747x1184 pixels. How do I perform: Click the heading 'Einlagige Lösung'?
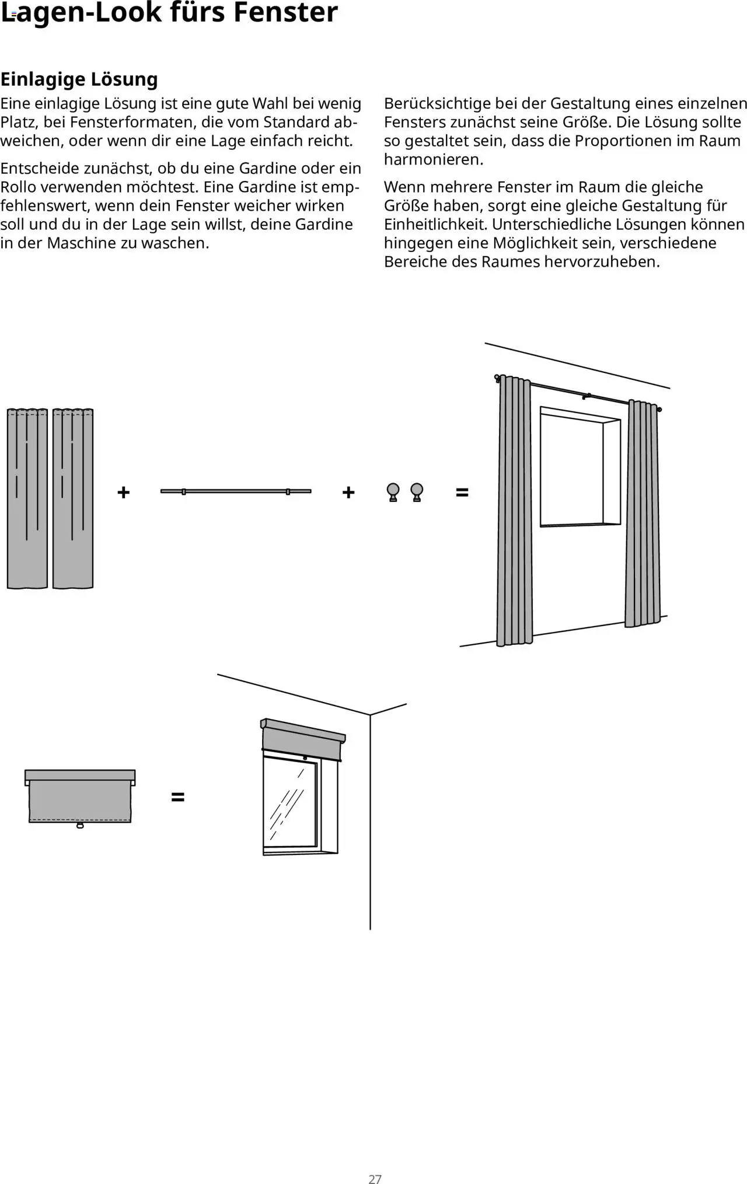[x=79, y=79]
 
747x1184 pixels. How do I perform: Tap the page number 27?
[x=375, y=1179]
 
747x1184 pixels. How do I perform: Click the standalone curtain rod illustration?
[x=235, y=491]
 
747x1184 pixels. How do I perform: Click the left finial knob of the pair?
[x=393, y=491]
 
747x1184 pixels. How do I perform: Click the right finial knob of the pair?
[x=417, y=491]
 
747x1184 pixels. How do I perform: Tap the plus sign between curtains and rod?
[x=123, y=493]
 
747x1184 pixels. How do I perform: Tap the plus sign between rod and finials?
[x=348, y=493]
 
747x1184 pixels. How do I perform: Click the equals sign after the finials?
[x=462, y=493]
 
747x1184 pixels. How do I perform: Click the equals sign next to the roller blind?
[x=178, y=797]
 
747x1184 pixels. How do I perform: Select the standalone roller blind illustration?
[x=80, y=797]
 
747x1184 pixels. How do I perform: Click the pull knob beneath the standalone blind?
[x=80, y=825]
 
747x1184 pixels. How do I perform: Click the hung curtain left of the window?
[x=514, y=514]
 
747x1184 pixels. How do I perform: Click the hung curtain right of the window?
[x=643, y=514]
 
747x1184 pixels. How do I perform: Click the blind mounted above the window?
[x=302, y=741]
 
